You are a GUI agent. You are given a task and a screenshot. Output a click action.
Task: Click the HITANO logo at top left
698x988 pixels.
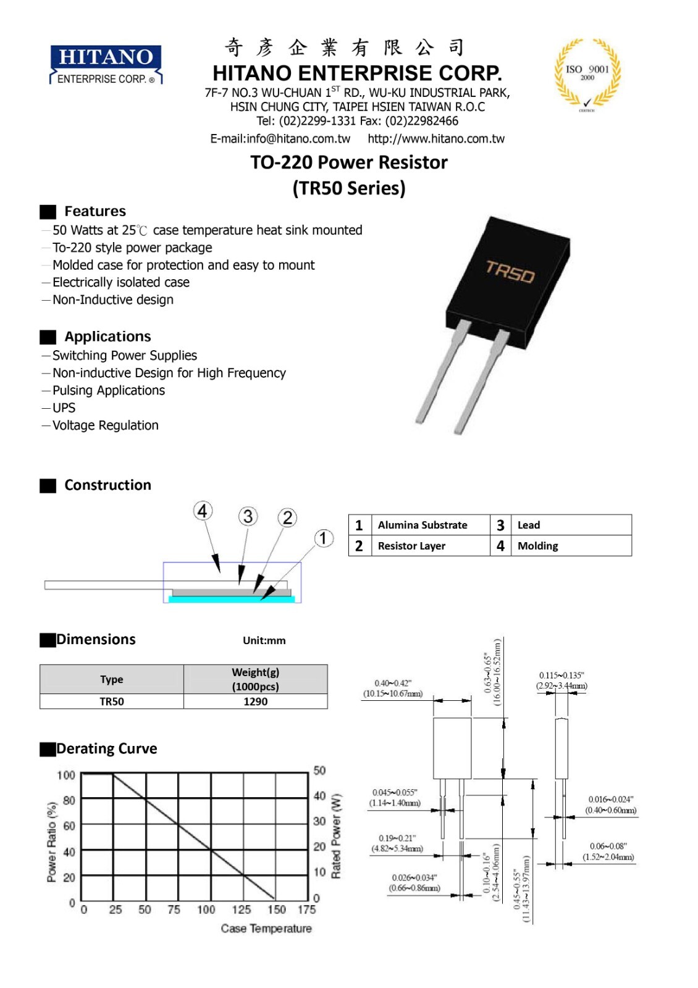(106, 64)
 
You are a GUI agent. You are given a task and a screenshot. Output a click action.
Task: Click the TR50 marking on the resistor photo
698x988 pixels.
(510, 271)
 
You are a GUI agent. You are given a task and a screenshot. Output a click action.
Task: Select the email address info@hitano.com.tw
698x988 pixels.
(280, 139)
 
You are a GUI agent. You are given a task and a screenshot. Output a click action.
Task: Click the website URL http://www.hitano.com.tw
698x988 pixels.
(436, 139)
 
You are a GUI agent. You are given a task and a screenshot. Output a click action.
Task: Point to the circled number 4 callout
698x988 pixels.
(203, 511)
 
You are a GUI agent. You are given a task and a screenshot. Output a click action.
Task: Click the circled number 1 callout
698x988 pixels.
(323, 538)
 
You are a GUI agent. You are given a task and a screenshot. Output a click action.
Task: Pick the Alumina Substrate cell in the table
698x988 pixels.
(423, 525)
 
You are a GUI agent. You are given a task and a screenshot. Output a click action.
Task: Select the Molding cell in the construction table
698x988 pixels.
(537, 546)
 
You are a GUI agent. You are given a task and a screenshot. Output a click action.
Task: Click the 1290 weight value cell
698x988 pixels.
(255, 701)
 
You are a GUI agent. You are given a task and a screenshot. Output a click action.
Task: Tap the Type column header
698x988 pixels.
(112, 679)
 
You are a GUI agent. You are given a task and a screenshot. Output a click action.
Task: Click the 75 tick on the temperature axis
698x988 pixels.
(174, 910)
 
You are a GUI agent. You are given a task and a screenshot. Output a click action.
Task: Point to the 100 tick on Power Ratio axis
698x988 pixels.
(66, 775)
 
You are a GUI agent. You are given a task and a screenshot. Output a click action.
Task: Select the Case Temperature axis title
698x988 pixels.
(266, 929)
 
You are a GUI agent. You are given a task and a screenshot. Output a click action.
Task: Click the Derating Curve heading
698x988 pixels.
(106, 749)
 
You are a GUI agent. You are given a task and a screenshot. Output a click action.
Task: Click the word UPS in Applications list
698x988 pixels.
(64, 408)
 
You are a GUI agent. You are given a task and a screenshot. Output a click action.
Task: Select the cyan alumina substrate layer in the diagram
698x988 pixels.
(232, 599)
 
